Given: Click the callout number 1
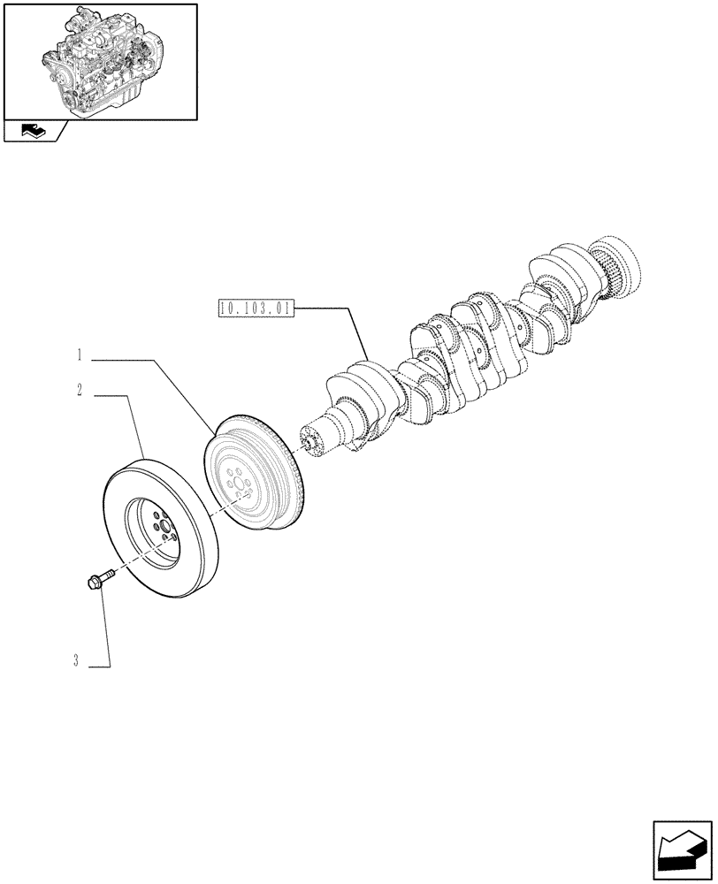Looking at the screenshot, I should pyautogui.click(x=79, y=357).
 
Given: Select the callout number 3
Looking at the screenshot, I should pyautogui.click(x=78, y=661).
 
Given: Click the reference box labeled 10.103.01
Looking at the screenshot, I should pyautogui.click(x=254, y=309).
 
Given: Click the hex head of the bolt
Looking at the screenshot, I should pyautogui.click(x=93, y=583).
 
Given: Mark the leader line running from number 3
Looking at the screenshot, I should pyautogui.click(x=106, y=628).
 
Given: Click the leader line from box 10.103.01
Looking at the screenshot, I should pyautogui.click(x=357, y=331).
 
